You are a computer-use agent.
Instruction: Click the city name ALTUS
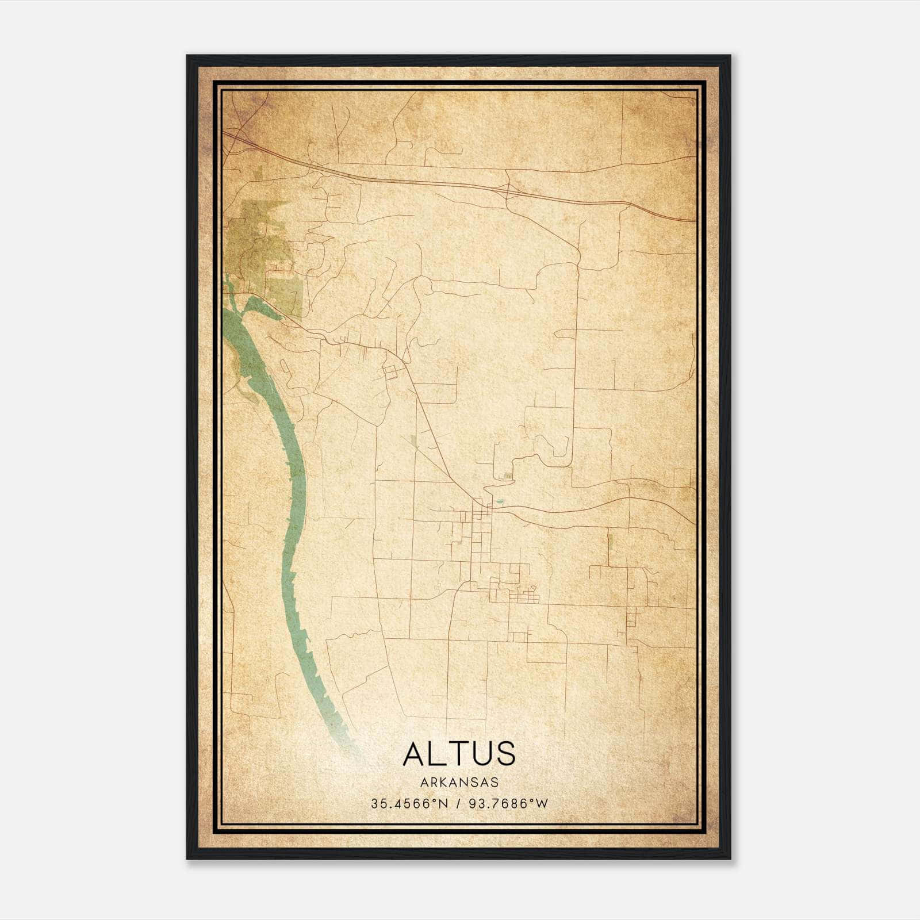[x=459, y=753]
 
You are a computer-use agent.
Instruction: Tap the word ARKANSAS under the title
[x=459, y=783]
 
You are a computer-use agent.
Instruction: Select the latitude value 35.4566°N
[x=409, y=804]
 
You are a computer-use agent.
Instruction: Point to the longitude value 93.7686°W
[x=508, y=804]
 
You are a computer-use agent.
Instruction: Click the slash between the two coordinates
[x=459, y=804]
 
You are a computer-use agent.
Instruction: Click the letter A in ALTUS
[x=414, y=753]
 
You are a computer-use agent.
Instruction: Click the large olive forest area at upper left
[x=259, y=241]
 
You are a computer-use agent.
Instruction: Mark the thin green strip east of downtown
[x=610, y=540]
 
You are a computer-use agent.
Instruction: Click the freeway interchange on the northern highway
[x=508, y=190]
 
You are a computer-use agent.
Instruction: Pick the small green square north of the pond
[x=507, y=476]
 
